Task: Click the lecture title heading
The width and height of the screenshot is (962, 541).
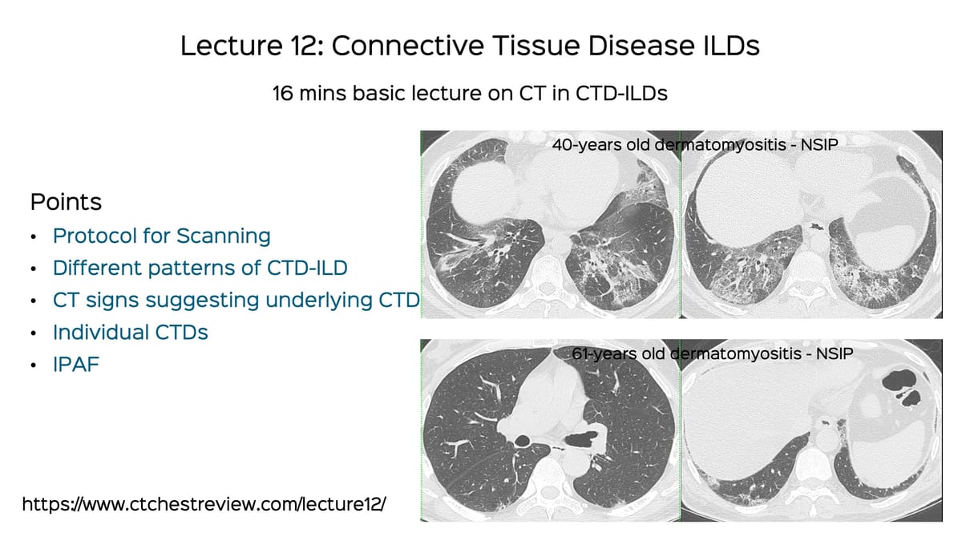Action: [x=470, y=46]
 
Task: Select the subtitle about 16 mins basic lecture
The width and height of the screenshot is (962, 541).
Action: [x=470, y=94]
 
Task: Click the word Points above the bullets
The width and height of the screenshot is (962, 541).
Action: [x=66, y=201]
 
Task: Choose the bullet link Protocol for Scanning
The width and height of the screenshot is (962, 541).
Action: [x=161, y=236]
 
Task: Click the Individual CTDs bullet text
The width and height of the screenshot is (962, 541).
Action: [x=130, y=332]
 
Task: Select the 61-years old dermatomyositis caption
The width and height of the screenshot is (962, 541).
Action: [x=710, y=353]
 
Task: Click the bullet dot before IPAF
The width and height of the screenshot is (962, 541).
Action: [x=33, y=365]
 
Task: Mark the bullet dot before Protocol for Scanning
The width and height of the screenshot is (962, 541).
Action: [x=33, y=237]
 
